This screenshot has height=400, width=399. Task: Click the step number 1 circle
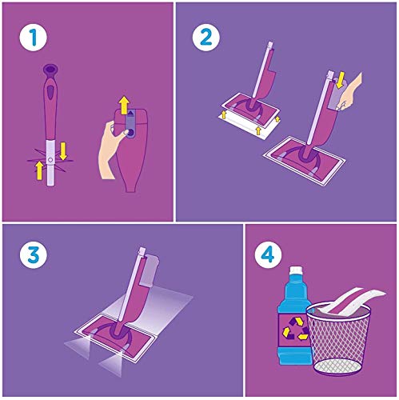pos(34,38)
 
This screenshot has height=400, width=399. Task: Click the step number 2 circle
pos(206,38)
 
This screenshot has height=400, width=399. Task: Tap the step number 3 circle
pos(34,255)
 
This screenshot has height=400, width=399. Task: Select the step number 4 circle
pos(268,255)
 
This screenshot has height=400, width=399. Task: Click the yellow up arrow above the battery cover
pos(124,105)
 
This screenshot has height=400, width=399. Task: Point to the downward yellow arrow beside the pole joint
pos(63,151)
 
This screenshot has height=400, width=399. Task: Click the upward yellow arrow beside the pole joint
pos(39,170)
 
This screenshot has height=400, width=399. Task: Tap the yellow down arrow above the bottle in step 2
pos(339,82)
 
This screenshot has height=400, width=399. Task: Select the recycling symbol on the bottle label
pos(294,329)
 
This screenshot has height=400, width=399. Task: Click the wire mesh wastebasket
pos(339,339)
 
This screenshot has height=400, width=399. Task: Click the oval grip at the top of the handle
pos(50,70)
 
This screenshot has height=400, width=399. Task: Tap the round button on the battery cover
pos(130,132)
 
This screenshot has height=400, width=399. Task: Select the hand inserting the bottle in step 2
pos(350,92)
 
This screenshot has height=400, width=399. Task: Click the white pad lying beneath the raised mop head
pos(245,126)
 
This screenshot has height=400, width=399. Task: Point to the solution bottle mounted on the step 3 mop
pos(149,270)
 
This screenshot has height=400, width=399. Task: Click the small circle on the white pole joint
pos(50,160)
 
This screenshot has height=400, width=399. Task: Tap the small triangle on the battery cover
pos(130,113)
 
